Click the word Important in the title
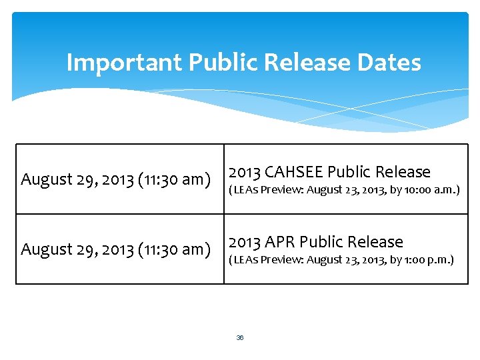[125, 63]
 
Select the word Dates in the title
[390, 63]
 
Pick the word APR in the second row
[281, 242]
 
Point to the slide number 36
[240, 338]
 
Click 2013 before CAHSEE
[245, 172]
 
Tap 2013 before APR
[245, 242]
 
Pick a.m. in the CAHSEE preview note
[445, 191]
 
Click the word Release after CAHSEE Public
[403, 172]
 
